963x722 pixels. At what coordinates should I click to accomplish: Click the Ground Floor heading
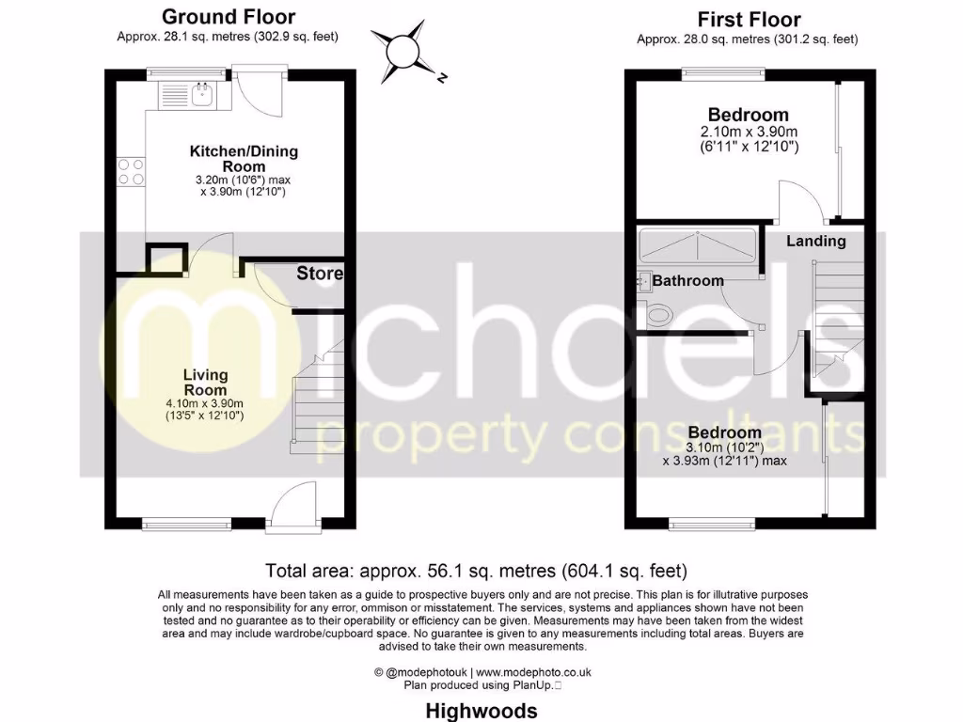pos(228,17)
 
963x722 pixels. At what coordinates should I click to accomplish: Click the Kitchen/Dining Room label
pos(230,159)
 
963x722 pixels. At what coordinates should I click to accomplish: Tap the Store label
pos(320,274)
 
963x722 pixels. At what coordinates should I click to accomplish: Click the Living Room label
pos(205,383)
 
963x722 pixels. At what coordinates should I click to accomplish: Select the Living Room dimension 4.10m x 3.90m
pos(205,403)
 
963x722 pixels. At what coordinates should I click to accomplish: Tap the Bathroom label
pos(687,280)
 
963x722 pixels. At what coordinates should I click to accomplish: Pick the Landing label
pos(815,241)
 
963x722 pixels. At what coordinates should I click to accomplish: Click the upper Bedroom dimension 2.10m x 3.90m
pos(749,132)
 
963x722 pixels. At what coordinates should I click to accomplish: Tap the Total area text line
pos(477,570)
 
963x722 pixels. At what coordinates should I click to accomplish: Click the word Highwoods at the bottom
pos(481,710)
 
